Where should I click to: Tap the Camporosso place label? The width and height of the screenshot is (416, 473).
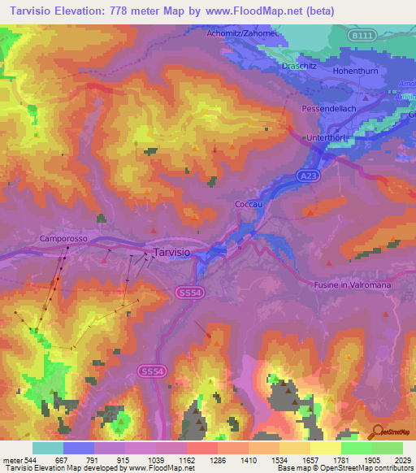pos(62,238)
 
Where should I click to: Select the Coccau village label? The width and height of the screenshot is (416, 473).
pos(249,205)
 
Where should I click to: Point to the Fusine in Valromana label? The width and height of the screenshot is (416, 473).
pos(352,284)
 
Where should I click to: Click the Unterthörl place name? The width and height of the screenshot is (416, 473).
pos(327,138)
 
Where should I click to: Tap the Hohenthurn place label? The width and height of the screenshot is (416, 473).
pos(356,72)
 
